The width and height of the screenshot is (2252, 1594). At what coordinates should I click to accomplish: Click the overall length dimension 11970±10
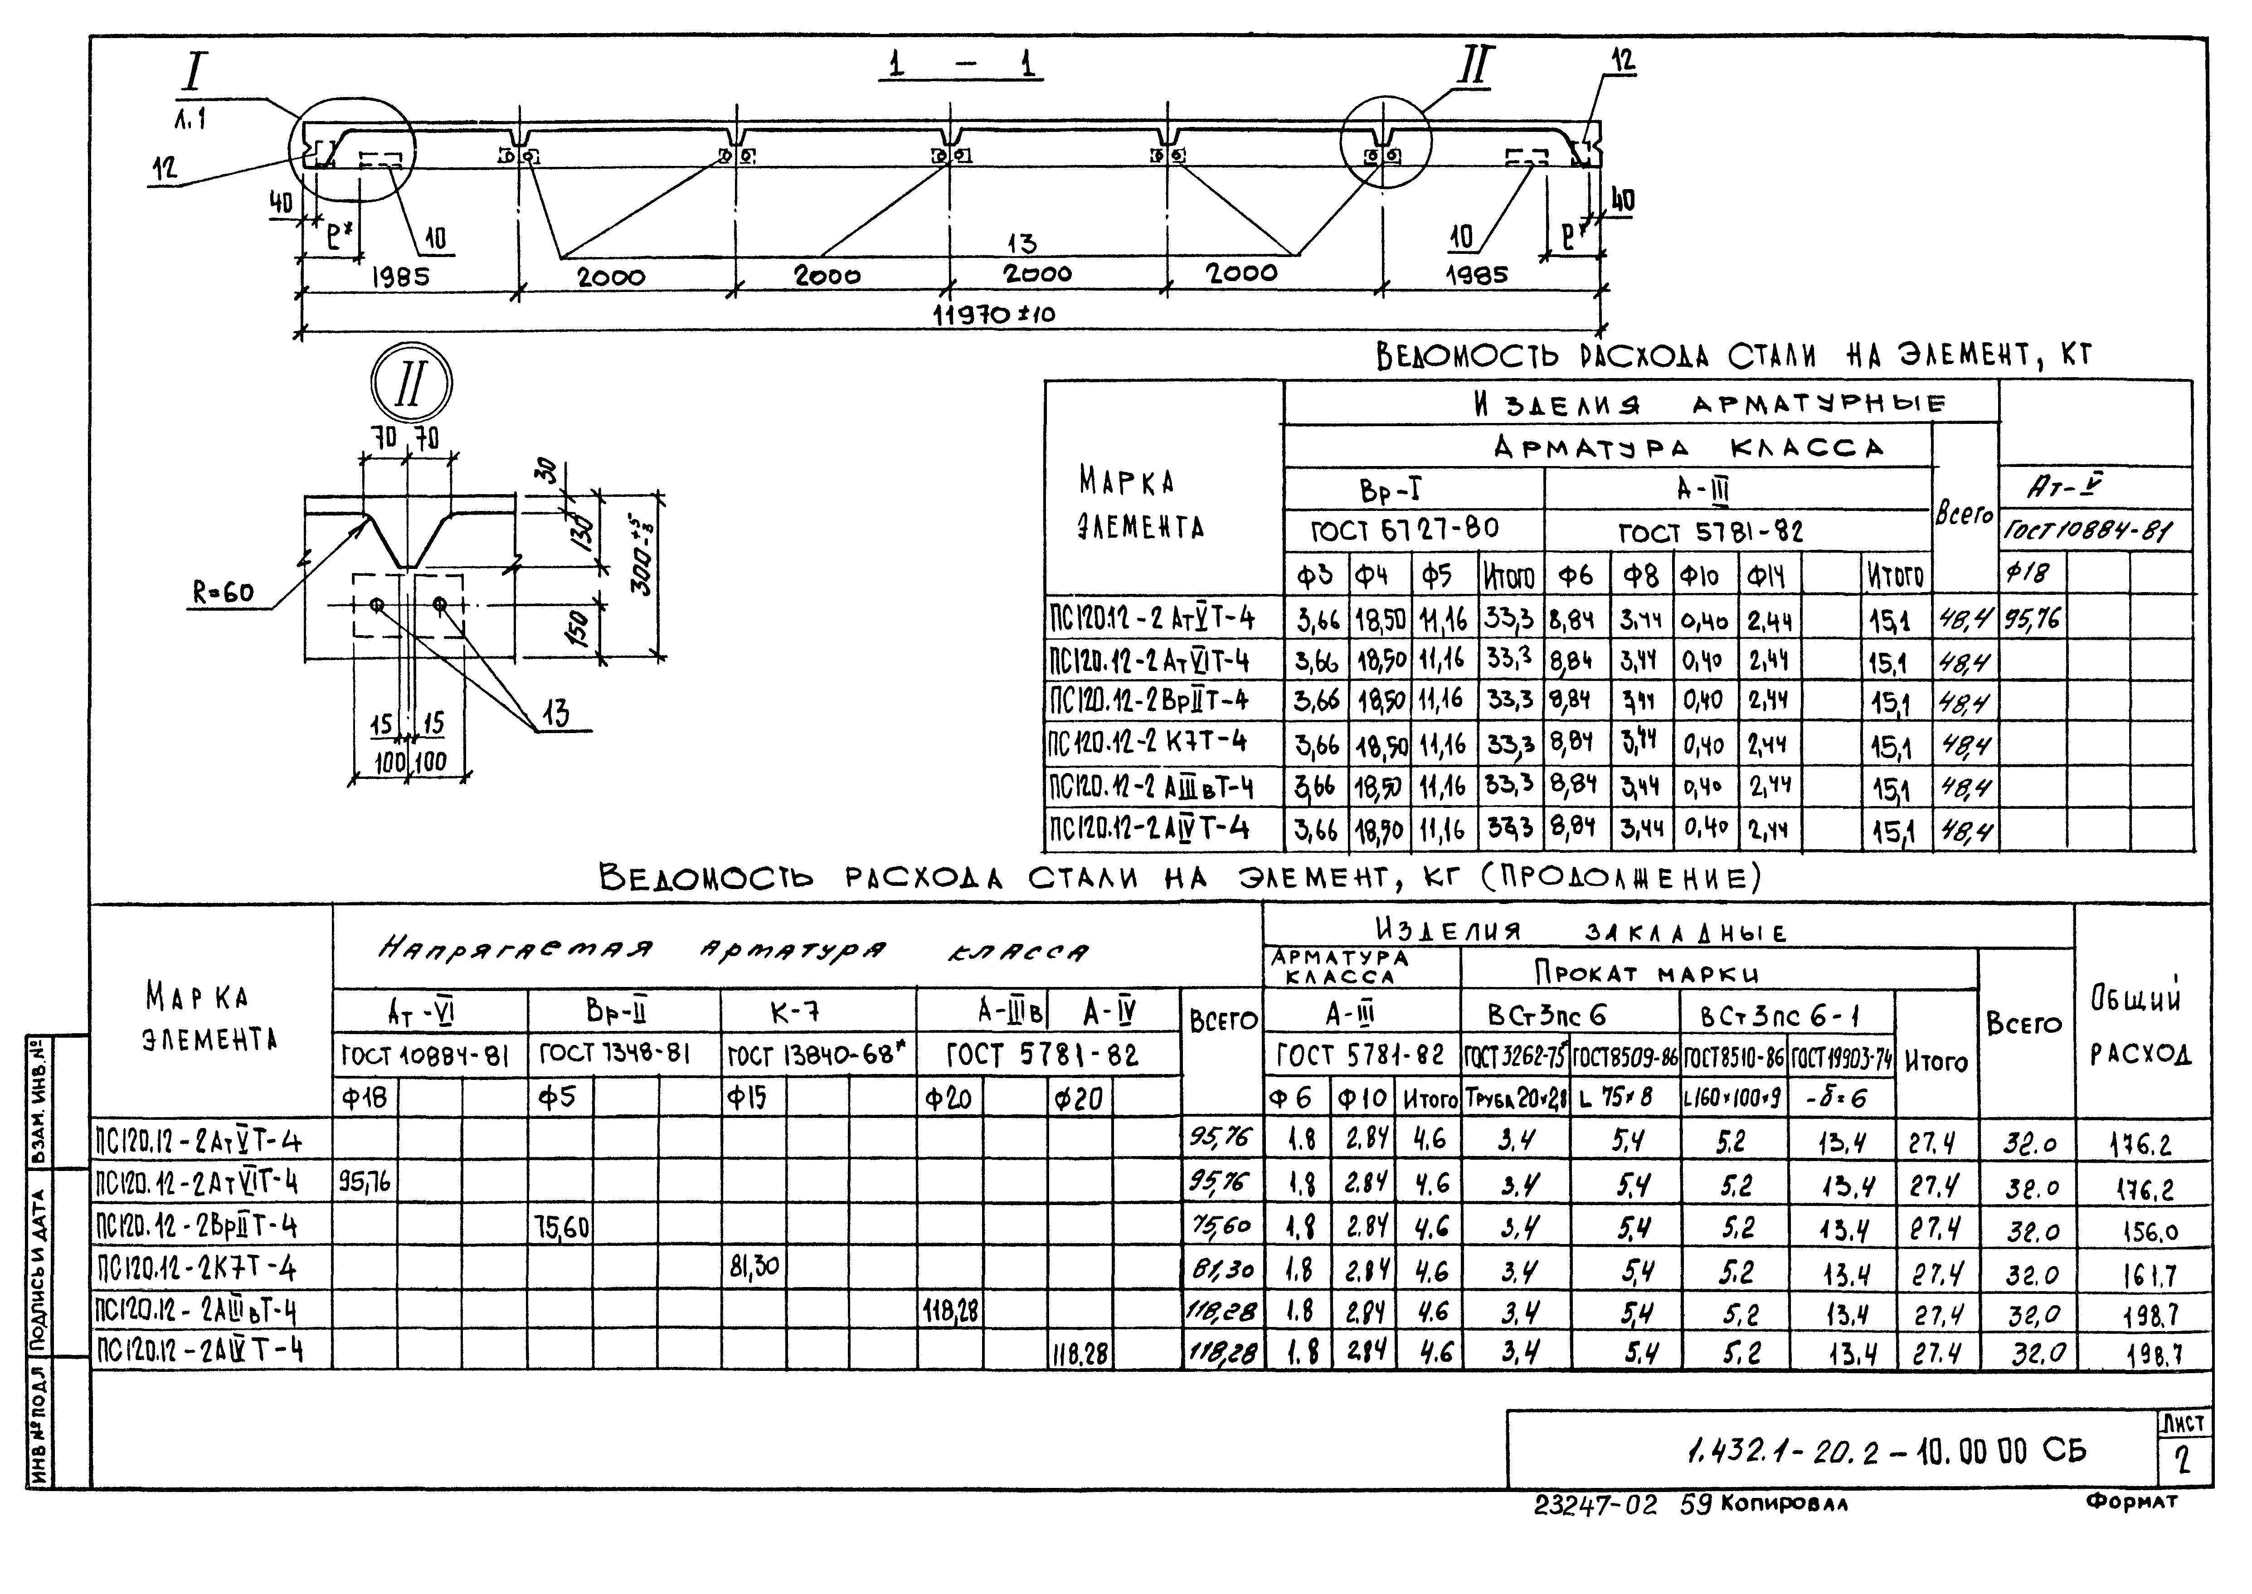(x=993, y=315)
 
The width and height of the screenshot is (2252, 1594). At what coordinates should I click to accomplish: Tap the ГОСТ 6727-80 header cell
(x=1406, y=530)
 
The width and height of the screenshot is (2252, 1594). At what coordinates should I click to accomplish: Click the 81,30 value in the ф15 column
(x=754, y=1267)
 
